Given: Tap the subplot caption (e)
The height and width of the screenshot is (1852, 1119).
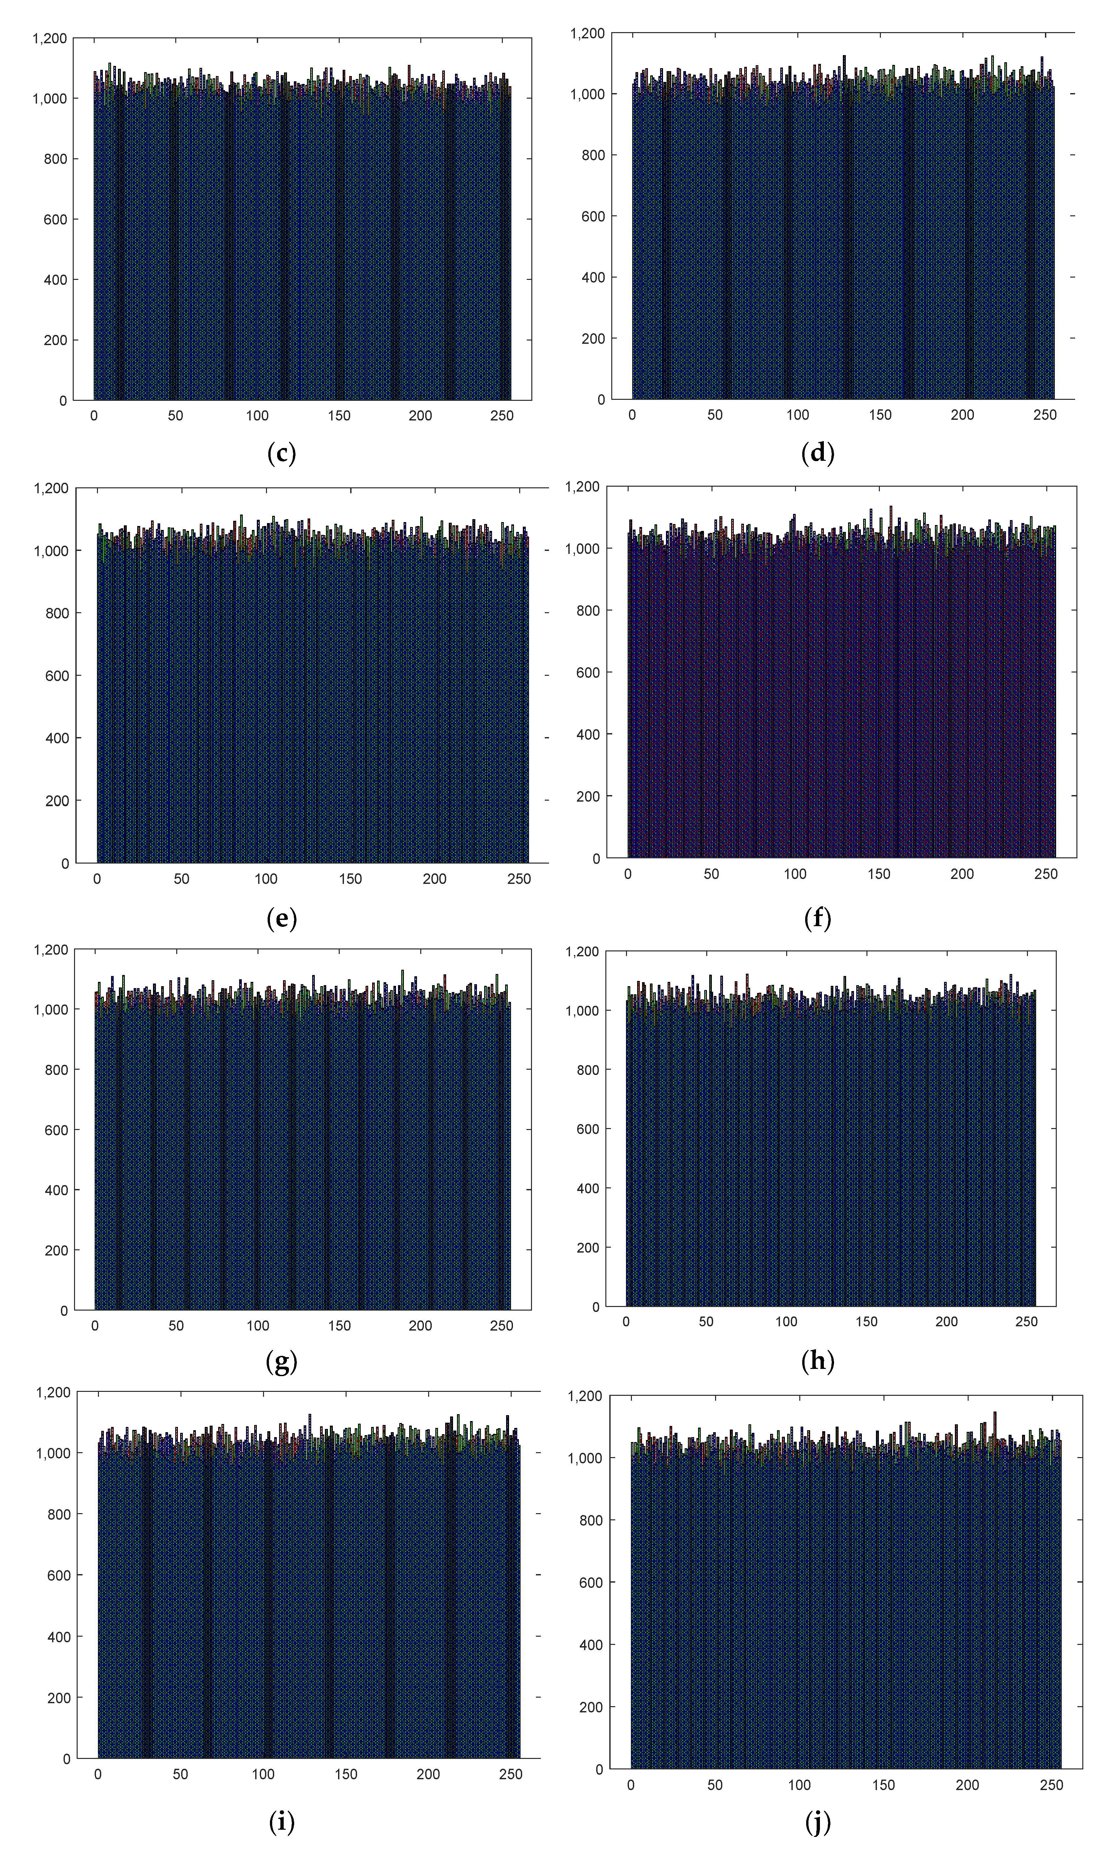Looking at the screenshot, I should [282, 919].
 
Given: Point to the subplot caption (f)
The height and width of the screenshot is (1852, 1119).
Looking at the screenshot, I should [818, 919].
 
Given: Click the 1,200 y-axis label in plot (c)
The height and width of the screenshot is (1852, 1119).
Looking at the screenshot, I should [49, 38].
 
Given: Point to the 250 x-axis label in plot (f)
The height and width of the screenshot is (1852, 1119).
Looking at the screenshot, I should [1045, 874].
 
